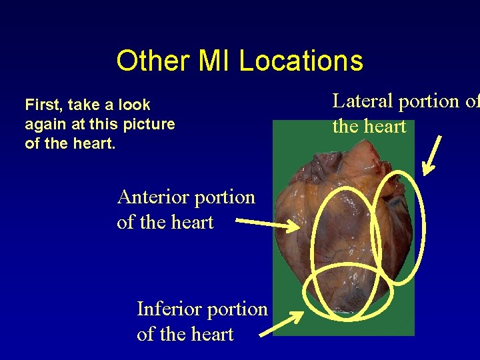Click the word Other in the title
pyautogui.click(x=153, y=61)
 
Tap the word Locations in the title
pyautogui.click(x=301, y=61)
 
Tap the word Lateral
pyautogui.click(x=363, y=101)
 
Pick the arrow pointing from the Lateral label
pyautogui.click(x=433, y=154)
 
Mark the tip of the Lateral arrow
pyautogui.click(x=425, y=174)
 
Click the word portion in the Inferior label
pyautogui.click(x=237, y=309)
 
